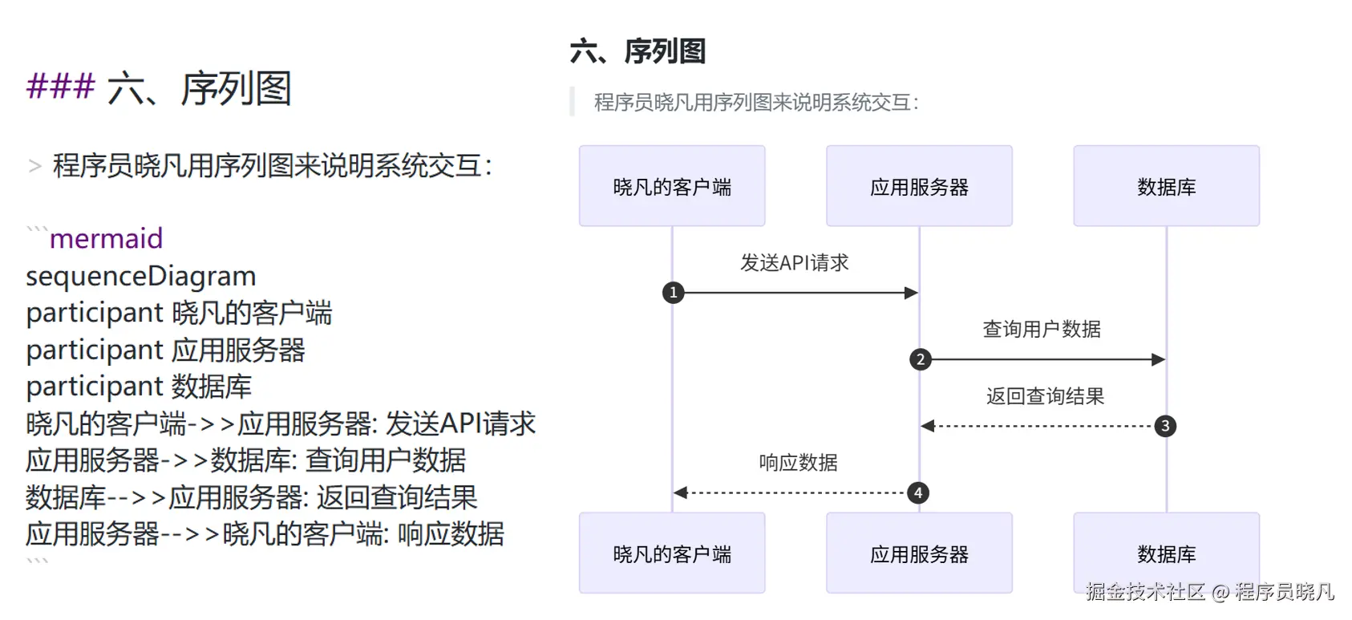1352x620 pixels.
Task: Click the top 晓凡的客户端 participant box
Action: pyautogui.click(x=672, y=186)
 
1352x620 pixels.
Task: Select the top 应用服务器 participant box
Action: pyautogui.click(x=919, y=186)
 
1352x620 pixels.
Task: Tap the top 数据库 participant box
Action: pyautogui.click(x=1166, y=186)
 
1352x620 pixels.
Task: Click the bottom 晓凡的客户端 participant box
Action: pyautogui.click(x=672, y=553)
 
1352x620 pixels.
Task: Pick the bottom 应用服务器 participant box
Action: pyautogui.click(x=919, y=553)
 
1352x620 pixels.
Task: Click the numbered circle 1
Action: pyautogui.click(x=674, y=293)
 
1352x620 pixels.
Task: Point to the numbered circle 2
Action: pyautogui.click(x=921, y=359)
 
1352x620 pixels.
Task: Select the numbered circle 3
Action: pyautogui.click(x=1165, y=426)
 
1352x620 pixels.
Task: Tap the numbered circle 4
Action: pyautogui.click(x=918, y=492)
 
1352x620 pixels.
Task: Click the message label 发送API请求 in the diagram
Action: pyautogui.click(x=794, y=263)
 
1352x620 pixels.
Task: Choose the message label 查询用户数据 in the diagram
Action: pyautogui.click(x=1041, y=330)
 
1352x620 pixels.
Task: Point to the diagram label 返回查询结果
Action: pyautogui.click(x=1045, y=396)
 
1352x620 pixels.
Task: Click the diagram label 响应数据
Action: pyautogui.click(x=798, y=463)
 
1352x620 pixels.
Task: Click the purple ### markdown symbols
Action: pyautogui.click(x=60, y=86)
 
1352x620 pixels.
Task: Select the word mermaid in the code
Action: pyautogui.click(x=106, y=239)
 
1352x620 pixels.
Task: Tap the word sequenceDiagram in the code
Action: pyautogui.click(x=140, y=276)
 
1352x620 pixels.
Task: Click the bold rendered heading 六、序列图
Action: pyautogui.click(x=638, y=51)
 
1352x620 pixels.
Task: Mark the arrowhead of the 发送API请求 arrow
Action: pyautogui.click(x=911, y=293)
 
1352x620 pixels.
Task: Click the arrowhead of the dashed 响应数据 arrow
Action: pyautogui.click(x=681, y=492)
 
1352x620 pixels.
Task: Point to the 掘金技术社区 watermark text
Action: pyautogui.click(x=1145, y=592)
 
